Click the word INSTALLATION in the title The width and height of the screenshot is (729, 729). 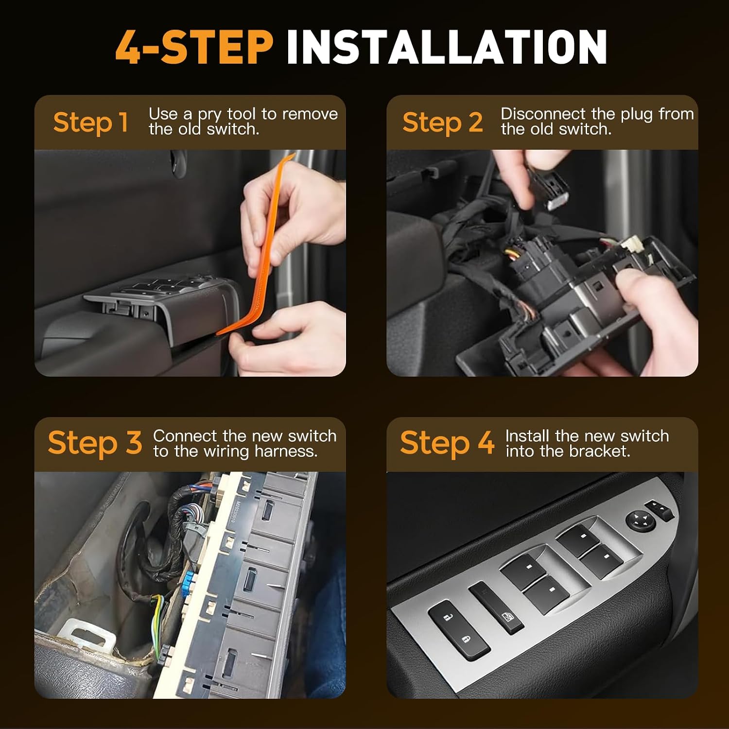pyautogui.click(x=447, y=47)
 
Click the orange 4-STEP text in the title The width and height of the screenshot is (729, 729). pyautogui.click(x=194, y=47)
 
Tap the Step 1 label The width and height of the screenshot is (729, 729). pyautogui.click(x=91, y=122)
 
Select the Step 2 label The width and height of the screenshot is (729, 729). pyautogui.click(x=443, y=122)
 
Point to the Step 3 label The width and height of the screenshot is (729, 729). pyautogui.click(x=95, y=444)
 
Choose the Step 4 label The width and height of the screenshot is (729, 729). pyautogui.click(x=447, y=444)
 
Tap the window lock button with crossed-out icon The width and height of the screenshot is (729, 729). pyautogui.click(x=496, y=608)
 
